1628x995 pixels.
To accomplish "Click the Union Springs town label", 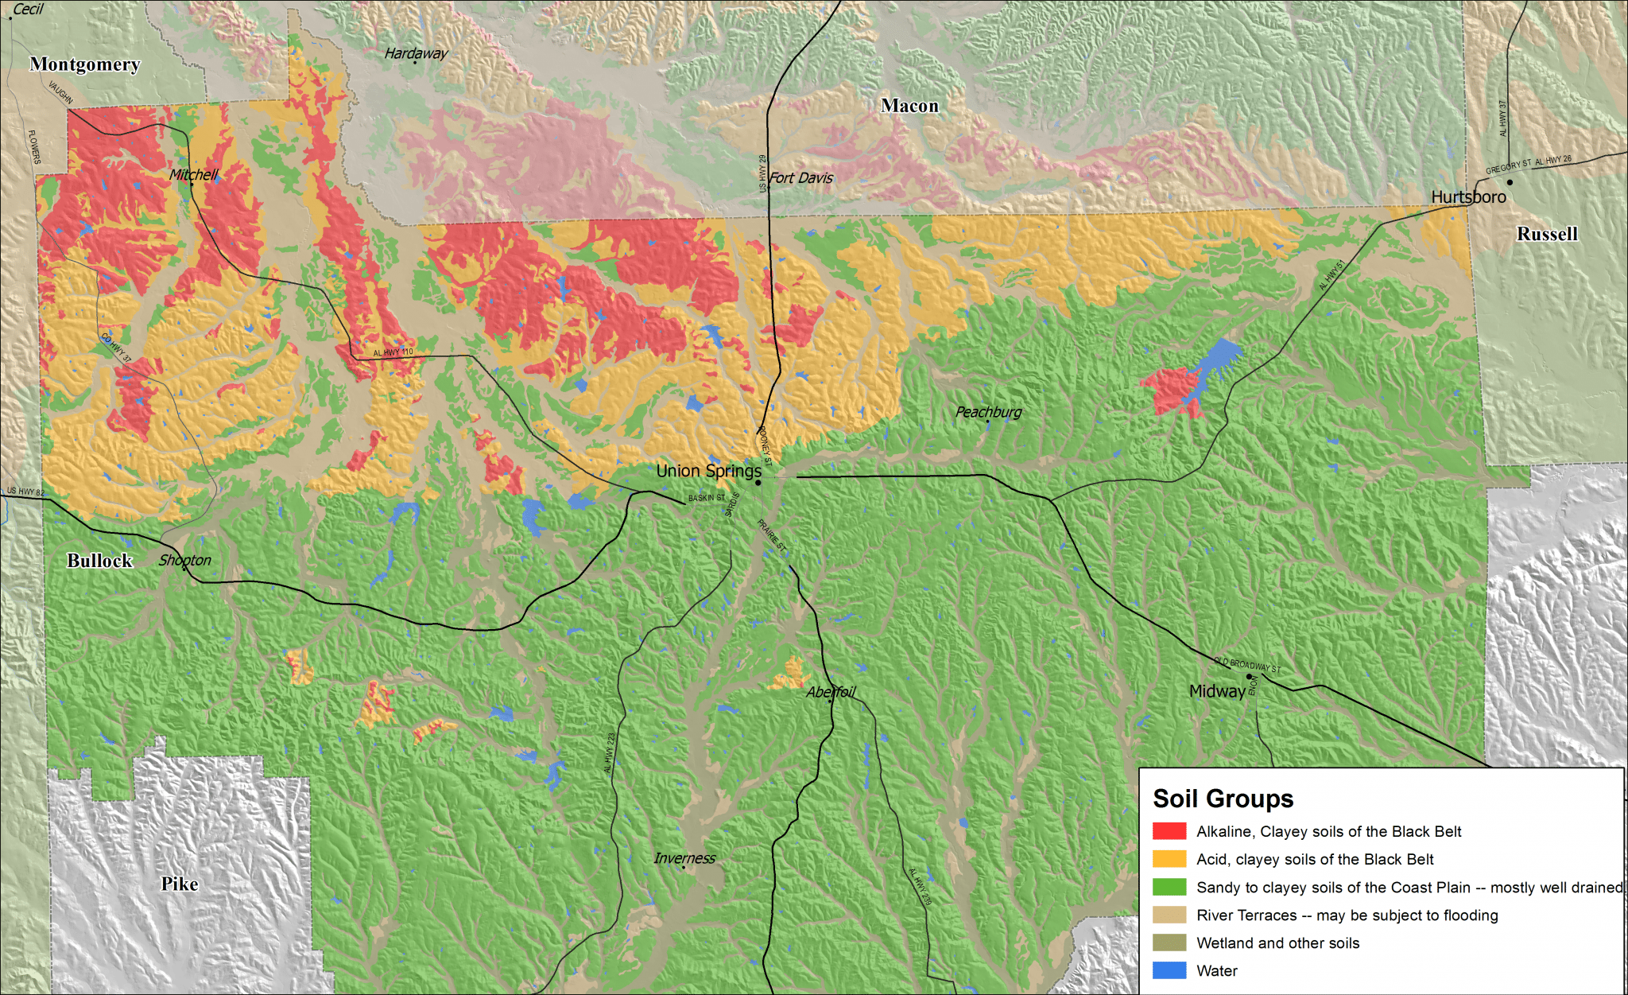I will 708,471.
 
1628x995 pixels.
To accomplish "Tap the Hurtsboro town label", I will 1468,197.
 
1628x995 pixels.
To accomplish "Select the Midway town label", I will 1217,691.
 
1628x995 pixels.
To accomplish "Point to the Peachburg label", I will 988,412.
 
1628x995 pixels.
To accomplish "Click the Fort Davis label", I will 800,178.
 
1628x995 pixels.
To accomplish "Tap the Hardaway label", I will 416,53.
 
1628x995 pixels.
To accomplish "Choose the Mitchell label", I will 193,175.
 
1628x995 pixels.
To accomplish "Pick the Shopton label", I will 184,560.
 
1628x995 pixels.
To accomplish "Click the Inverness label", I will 684,858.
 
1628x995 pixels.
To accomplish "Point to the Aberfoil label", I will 831,692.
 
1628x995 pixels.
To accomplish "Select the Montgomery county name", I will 85,64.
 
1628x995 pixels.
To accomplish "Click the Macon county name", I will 909,106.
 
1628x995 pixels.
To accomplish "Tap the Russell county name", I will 1546,234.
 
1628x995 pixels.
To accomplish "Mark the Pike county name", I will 180,884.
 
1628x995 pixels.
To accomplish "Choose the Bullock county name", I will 99,561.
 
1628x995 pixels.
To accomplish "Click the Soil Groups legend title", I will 1223,799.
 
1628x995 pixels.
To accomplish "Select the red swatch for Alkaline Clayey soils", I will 1169,831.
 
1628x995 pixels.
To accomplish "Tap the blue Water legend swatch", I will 1169,970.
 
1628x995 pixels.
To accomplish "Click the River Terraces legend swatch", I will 1169,915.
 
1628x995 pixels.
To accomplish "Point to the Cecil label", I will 28,10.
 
